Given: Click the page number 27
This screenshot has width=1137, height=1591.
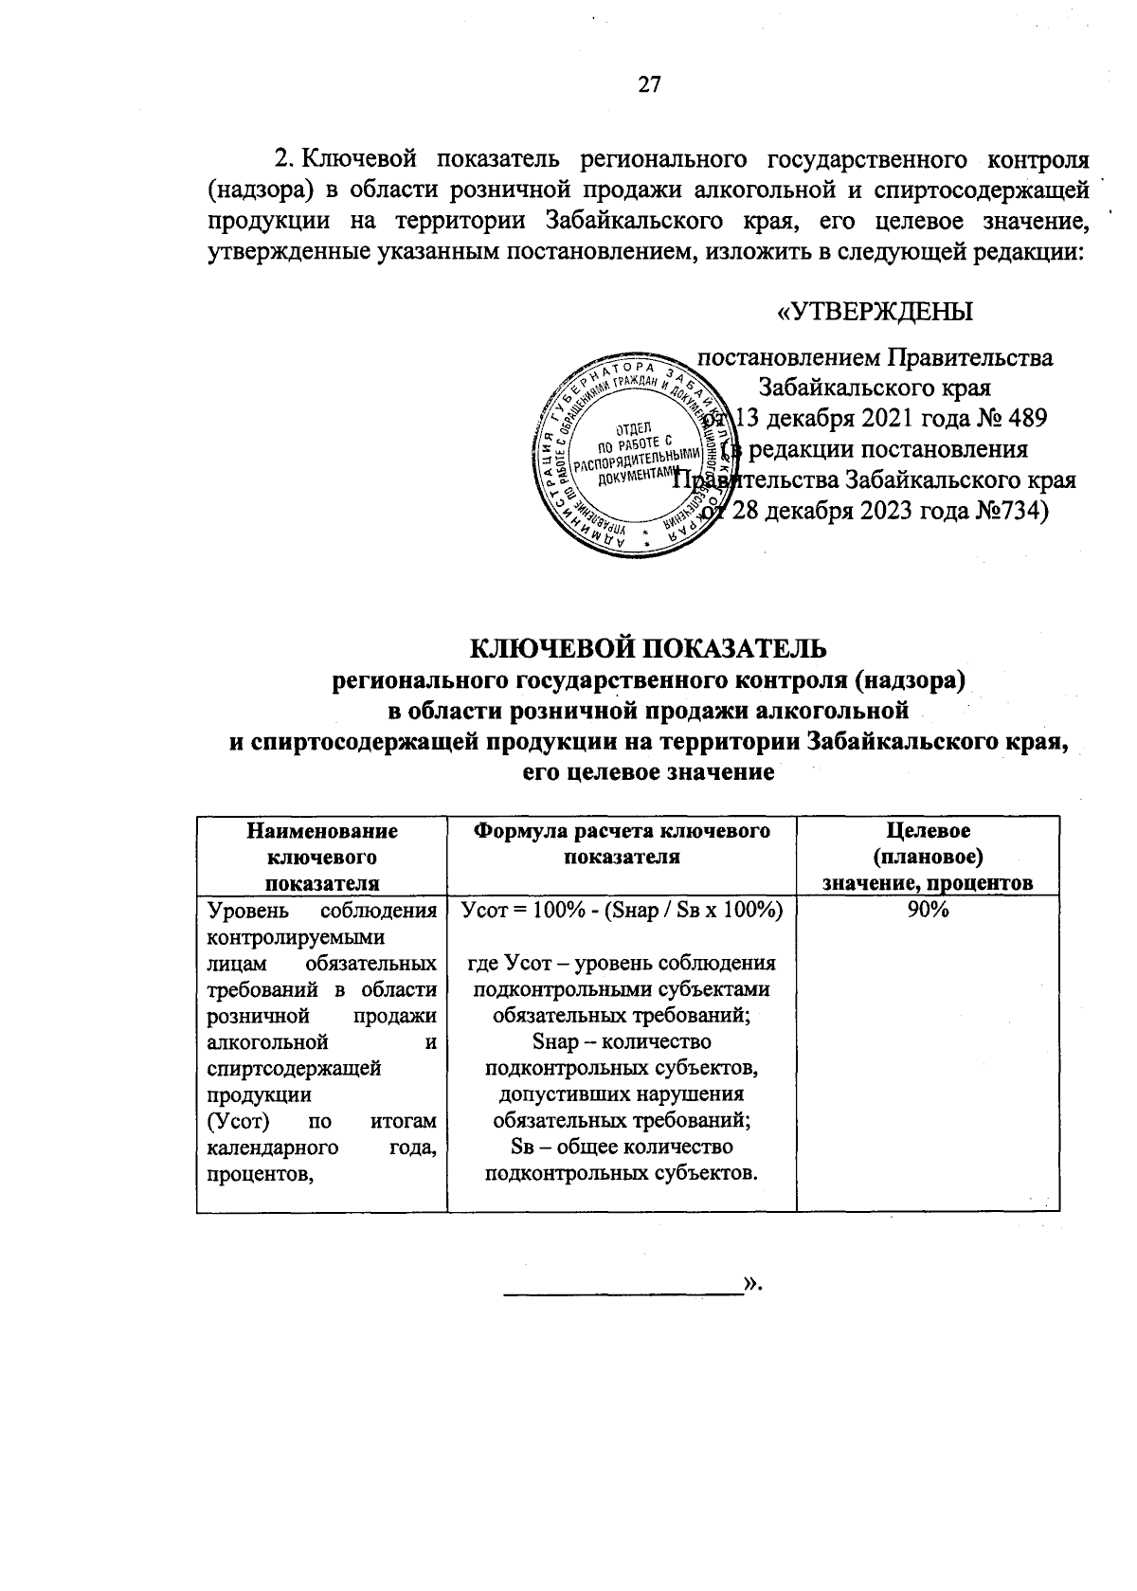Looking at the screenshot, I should (x=648, y=85).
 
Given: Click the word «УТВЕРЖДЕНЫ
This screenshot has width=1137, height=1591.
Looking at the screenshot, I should (x=875, y=312).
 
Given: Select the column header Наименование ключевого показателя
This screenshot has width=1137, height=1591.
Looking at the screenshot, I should (x=321, y=857).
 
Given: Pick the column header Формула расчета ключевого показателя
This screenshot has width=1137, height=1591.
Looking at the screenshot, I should (x=622, y=843).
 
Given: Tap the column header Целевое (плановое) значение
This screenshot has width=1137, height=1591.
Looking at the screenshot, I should (x=927, y=857).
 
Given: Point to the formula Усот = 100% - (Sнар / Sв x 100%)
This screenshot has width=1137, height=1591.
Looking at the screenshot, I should (x=622, y=911).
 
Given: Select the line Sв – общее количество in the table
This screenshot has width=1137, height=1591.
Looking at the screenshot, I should (x=622, y=1148).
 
